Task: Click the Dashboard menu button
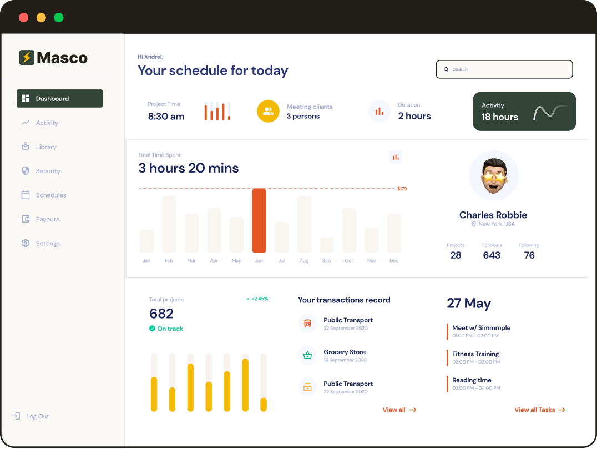59,98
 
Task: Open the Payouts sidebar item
47,219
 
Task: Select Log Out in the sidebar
37,416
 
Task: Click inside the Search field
504,69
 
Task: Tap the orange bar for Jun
259,220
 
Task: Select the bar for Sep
326,245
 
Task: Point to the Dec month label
394,260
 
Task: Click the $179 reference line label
402,189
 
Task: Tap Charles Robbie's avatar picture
493,176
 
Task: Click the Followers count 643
492,255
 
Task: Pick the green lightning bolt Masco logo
27,57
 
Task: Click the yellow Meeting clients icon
268,112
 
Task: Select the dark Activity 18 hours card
524,112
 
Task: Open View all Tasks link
539,410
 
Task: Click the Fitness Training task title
475,354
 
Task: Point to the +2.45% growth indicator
257,299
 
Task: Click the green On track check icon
152,329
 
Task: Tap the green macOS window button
58,18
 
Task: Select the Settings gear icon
26,243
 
